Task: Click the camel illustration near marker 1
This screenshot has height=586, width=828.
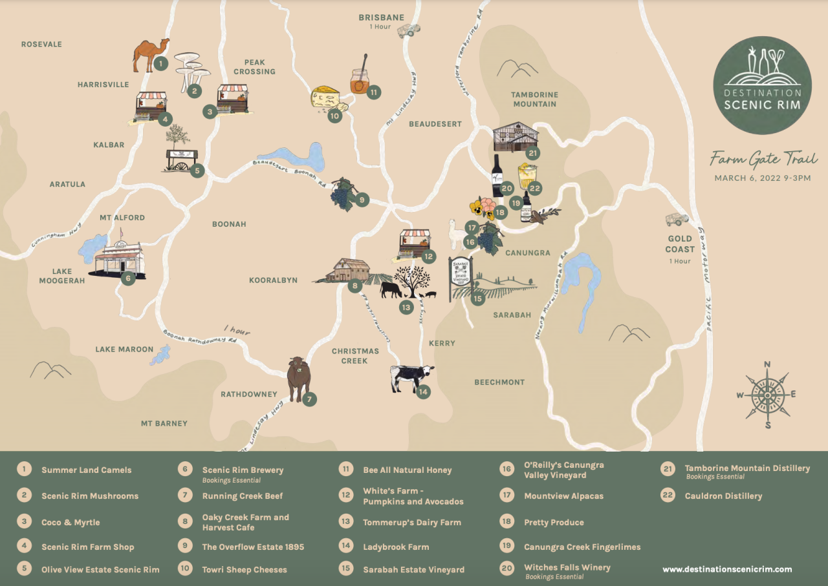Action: click(150, 55)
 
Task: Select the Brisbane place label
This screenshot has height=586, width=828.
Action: click(381, 17)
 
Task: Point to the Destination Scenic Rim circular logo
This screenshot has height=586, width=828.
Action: click(762, 85)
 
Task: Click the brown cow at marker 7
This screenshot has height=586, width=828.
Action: click(298, 379)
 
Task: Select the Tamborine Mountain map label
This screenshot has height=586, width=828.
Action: click(534, 99)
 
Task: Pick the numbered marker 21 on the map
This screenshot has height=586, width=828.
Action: click(532, 153)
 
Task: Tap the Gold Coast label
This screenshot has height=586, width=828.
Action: click(680, 244)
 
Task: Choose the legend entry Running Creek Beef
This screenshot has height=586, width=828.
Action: click(242, 496)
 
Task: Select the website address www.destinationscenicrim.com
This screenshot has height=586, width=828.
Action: click(727, 569)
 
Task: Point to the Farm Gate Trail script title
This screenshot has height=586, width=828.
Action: click(763, 158)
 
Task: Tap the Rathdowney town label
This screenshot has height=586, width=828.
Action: click(248, 394)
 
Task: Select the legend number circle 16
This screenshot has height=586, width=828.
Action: click(507, 469)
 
